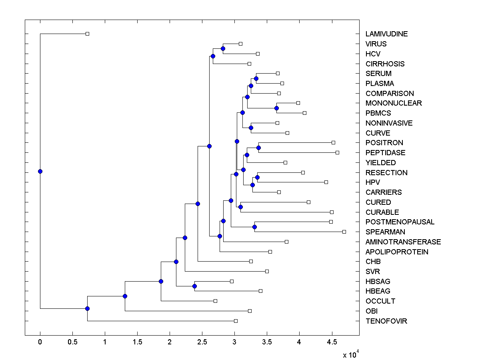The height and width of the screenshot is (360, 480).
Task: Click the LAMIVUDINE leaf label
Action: (x=386, y=34)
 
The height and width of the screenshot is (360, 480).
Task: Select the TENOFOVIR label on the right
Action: (x=386, y=321)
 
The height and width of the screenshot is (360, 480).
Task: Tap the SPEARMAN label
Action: (x=385, y=232)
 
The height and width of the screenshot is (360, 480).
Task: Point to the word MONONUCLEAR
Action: (x=394, y=103)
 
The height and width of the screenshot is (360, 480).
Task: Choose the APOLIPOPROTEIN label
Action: (x=397, y=252)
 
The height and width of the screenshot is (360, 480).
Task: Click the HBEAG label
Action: (x=378, y=291)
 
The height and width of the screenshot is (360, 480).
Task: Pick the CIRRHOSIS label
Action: (x=385, y=64)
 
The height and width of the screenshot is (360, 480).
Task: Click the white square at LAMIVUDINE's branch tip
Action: (x=88, y=34)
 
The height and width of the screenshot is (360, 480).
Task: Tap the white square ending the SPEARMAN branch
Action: (x=344, y=232)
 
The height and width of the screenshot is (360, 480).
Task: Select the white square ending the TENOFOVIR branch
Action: (x=236, y=321)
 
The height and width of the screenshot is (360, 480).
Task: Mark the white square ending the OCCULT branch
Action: (x=215, y=301)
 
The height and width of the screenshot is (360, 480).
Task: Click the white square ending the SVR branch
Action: (x=267, y=271)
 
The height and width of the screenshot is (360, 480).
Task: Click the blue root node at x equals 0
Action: (x=40, y=171)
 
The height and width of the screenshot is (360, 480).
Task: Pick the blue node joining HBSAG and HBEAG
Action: (x=194, y=286)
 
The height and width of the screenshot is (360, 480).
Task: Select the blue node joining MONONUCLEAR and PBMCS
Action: (x=276, y=108)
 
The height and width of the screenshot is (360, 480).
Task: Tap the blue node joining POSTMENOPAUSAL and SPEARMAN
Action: (x=254, y=227)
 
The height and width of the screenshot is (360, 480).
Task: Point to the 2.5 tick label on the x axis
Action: (x=202, y=342)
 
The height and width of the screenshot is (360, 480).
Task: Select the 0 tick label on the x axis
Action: (x=40, y=342)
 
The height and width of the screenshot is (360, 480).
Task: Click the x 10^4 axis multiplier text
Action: (x=351, y=354)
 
